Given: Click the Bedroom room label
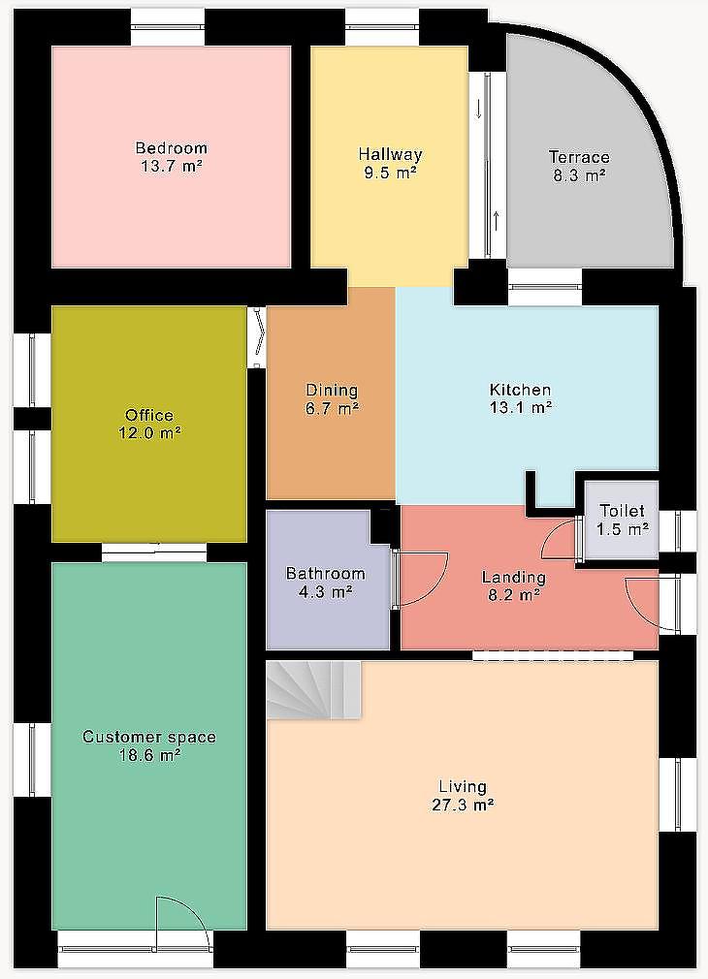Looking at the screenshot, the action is click(x=172, y=148).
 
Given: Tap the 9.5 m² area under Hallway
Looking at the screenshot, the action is click(x=391, y=173).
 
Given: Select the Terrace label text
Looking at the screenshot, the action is click(x=579, y=157).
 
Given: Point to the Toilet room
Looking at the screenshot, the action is click(x=621, y=521).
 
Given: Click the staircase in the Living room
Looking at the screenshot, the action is click(x=313, y=690).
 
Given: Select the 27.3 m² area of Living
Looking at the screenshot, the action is click(x=463, y=805).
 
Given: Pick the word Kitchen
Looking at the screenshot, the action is click(x=520, y=390).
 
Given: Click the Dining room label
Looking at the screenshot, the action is click(x=332, y=391).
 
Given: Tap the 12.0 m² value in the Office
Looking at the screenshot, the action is click(x=150, y=432).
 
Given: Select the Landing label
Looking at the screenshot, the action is click(x=514, y=577).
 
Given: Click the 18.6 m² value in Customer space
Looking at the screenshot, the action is click(x=150, y=755).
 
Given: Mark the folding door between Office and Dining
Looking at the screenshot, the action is click(x=257, y=337).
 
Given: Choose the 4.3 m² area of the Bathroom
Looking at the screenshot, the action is click(x=325, y=590).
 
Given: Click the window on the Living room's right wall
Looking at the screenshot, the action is click(x=679, y=796).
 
